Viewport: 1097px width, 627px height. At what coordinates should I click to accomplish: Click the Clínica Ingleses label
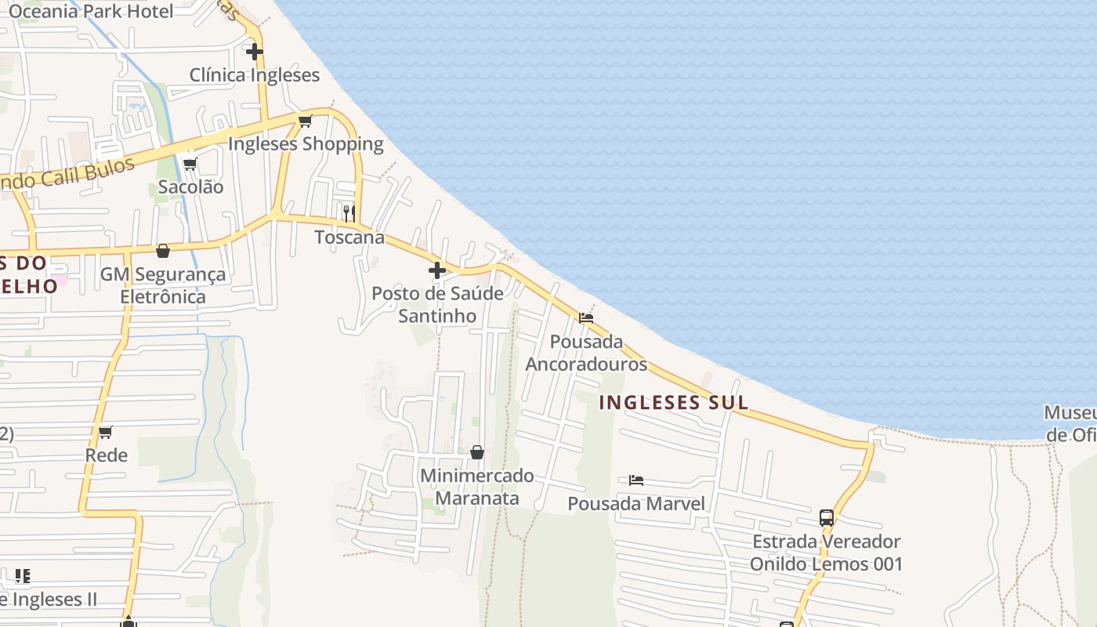(255, 75)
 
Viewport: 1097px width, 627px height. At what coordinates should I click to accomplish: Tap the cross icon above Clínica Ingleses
(255, 52)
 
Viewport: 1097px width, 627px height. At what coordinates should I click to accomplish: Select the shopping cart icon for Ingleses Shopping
(306, 121)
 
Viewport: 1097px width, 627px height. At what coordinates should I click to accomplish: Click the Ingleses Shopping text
(306, 144)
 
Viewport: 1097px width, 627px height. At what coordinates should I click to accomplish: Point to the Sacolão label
(190, 187)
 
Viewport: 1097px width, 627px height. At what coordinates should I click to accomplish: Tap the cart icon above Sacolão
(190, 164)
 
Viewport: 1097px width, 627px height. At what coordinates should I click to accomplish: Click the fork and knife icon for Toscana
(349, 212)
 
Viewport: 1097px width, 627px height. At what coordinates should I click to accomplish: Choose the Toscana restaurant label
(349, 237)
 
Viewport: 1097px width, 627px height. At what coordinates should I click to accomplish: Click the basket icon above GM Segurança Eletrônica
(163, 251)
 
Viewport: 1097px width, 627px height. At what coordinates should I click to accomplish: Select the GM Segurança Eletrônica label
(163, 286)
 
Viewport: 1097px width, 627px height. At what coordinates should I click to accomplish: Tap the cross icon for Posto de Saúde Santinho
(437, 270)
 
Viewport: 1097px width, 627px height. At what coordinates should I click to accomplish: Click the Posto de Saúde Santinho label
(437, 305)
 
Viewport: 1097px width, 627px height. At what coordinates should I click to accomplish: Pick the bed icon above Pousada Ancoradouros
(586, 318)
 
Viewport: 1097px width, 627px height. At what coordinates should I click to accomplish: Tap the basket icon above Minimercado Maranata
(477, 452)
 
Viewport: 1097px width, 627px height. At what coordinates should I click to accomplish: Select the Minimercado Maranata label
(477, 487)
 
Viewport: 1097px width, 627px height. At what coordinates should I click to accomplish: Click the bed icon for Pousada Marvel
(636, 480)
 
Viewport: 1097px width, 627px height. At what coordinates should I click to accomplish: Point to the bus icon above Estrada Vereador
(827, 517)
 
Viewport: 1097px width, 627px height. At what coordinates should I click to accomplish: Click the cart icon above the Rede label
(106, 432)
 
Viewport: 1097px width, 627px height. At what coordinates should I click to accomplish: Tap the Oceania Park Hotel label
(91, 11)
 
